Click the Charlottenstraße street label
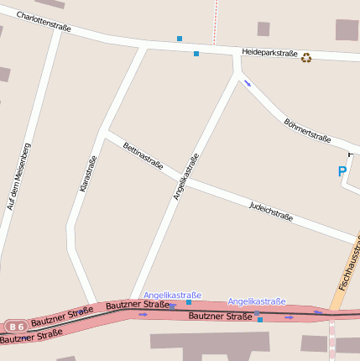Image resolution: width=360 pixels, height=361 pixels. click(x=44, y=21)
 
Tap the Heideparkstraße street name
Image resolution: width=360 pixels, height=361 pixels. click(x=269, y=52)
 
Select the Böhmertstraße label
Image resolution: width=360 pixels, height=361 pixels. click(x=307, y=129)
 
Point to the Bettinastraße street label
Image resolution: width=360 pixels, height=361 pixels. click(x=143, y=156)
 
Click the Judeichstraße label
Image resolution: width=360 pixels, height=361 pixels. click(x=270, y=211)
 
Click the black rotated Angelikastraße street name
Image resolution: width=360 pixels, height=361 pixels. click(x=186, y=176)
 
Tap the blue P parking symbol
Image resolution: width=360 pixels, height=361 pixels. click(x=342, y=171)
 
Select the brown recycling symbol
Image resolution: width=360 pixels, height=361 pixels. click(x=306, y=58)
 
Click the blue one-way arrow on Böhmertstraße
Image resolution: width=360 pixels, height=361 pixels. click(x=247, y=82)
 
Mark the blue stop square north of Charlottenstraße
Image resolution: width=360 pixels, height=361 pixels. click(x=179, y=38)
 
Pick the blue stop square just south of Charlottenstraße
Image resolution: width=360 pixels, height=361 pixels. click(x=196, y=54)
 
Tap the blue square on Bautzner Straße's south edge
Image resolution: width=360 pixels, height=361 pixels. click(x=260, y=320)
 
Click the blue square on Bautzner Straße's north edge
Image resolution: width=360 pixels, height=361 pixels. click(x=188, y=302)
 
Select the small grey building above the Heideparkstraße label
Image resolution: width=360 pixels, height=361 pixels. click(x=263, y=29)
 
